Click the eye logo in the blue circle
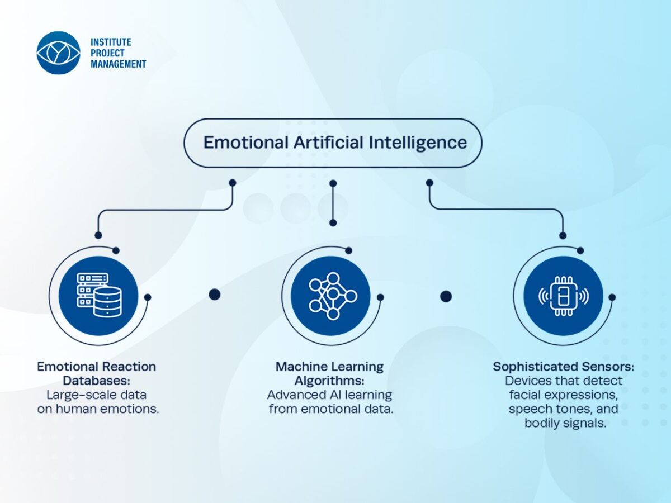coord(58,53)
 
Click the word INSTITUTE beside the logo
coord(111,42)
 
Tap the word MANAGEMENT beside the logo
coord(119,64)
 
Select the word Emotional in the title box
coord(246,143)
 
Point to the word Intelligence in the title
coord(418,143)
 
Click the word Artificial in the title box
coord(329,143)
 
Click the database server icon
coord(100,295)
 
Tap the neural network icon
coord(333,296)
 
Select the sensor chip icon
coord(564,296)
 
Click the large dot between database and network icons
coord(215,295)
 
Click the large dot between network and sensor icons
coord(446,296)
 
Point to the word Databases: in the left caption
coord(97,381)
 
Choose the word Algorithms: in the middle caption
coord(329,381)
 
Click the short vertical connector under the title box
coord(333,203)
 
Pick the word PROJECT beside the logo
coord(107,53)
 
